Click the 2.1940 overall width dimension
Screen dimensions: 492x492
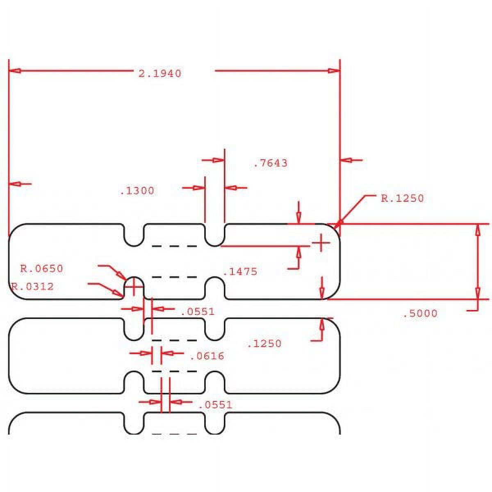160,74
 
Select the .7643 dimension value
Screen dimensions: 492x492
271,163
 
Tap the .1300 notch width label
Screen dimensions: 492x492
137,191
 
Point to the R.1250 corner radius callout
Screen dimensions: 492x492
402,198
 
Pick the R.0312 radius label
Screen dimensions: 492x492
32,287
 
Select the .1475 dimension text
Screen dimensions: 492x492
240,272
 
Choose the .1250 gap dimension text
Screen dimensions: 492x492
264,344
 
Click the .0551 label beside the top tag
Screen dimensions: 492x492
198,312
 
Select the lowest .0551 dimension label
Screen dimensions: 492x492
215,405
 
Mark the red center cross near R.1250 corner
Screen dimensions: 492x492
321,243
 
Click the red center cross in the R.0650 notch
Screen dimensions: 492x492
134,287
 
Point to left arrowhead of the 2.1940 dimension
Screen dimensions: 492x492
15,71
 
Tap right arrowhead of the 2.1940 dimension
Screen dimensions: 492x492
334,71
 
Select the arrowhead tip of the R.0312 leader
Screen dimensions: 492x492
123,296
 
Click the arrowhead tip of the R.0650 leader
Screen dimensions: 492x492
126,280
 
